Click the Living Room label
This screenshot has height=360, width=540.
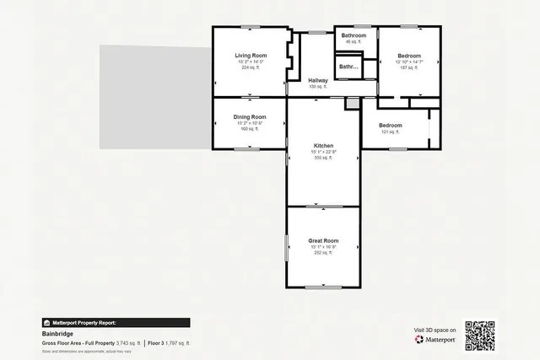pyautogui.click(x=250, y=56)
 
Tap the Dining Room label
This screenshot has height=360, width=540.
pyautogui.click(x=250, y=116)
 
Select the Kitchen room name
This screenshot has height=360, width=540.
pyautogui.click(x=324, y=145)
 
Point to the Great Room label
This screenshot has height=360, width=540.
pyautogui.click(x=324, y=240)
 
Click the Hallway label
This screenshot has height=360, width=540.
pyautogui.click(x=318, y=81)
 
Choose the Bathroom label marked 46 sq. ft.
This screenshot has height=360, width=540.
pyautogui.click(x=354, y=35)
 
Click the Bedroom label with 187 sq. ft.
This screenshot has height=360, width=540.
pyautogui.click(x=408, y=56)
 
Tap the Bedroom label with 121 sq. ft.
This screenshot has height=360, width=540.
pyautogui.click(x=391, y=126)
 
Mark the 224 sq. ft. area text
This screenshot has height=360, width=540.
pyautogui.click(x=250, y=68)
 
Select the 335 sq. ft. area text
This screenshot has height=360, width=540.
pyautogui.click(x=324, y=158)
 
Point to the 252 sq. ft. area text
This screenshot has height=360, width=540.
pyautogui.click(x=324, y=253)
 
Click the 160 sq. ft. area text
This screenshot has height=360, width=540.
pyautogui.click(x=250, y=129)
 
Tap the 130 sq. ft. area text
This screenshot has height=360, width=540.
pyautogui.click(x=318, y=87)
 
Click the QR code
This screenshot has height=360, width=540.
pyautogui.click(x=479, y=335)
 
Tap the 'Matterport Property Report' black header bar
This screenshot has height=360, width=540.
pyautogui.click(x=116, y=322)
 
